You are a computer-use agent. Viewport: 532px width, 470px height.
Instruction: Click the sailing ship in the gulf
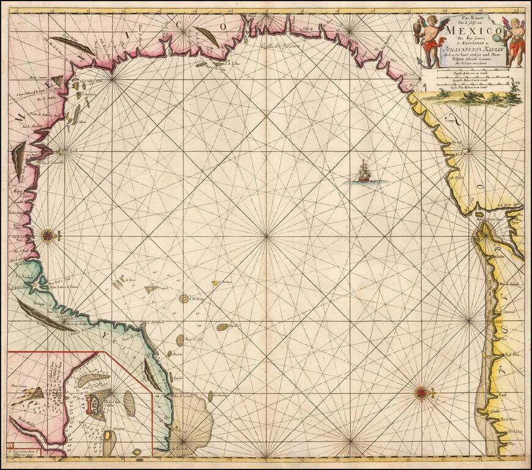364,172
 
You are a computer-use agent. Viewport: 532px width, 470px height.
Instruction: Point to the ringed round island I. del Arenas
183,299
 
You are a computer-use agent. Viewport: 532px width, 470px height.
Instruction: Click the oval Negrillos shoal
223,327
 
